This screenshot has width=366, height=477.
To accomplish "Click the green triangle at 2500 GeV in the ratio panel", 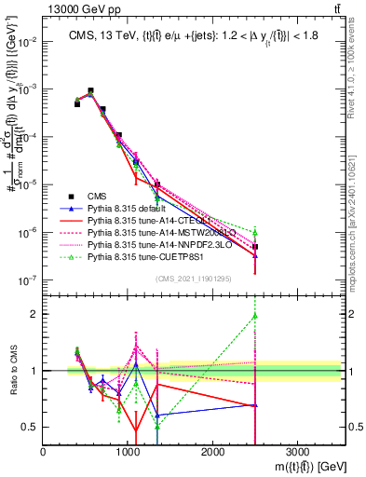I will point(255,316).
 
